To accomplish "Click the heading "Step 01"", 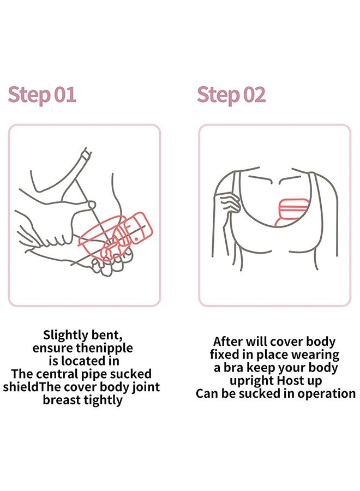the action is [x=42, y=95].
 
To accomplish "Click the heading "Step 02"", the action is [x=231, y=95].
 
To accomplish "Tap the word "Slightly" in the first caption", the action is [x=65, y=336].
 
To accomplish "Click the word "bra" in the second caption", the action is [x=234, y=367].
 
